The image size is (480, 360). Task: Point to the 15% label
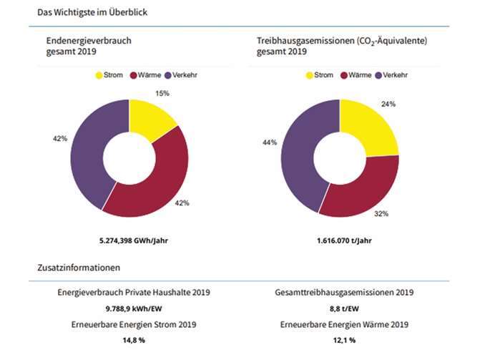(162, 94)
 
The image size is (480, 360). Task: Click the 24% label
(387, 104)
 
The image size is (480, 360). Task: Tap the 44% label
(270, 143)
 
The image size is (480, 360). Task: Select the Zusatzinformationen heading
(78, 268)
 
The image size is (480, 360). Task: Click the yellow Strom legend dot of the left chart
(99, 75)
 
